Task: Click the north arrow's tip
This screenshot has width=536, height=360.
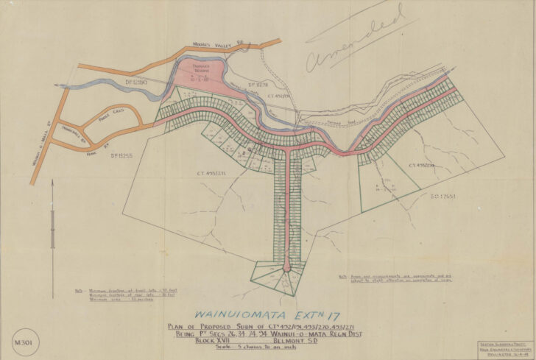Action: [x=53, y=180]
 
